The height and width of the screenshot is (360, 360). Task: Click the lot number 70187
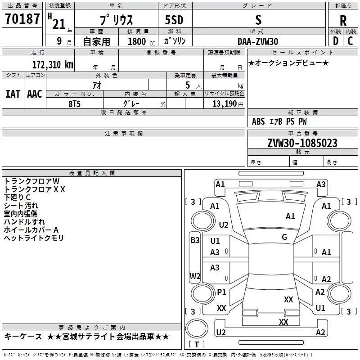22,19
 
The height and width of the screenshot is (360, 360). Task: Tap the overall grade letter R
343,21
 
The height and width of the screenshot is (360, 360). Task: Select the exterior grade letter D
336,41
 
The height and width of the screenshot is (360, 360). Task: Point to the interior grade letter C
350,41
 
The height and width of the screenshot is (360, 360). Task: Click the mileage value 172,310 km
53,65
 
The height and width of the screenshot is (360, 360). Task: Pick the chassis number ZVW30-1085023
302,143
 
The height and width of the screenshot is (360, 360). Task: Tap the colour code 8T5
75,104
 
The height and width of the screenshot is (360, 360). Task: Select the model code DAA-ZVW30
258,41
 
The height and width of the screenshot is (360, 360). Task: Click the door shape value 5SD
174,20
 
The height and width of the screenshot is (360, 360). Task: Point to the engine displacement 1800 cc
141,41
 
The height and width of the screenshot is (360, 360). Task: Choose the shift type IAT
13,94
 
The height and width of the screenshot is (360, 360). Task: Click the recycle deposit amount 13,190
225,104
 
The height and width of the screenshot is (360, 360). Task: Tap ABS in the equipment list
258,121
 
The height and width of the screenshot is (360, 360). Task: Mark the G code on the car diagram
284,237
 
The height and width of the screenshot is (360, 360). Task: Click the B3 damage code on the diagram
195,240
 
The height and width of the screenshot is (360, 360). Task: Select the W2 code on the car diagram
195,276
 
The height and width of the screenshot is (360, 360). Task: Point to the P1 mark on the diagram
221,292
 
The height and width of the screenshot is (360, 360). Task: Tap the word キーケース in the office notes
23,337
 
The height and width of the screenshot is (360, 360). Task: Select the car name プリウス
117,20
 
